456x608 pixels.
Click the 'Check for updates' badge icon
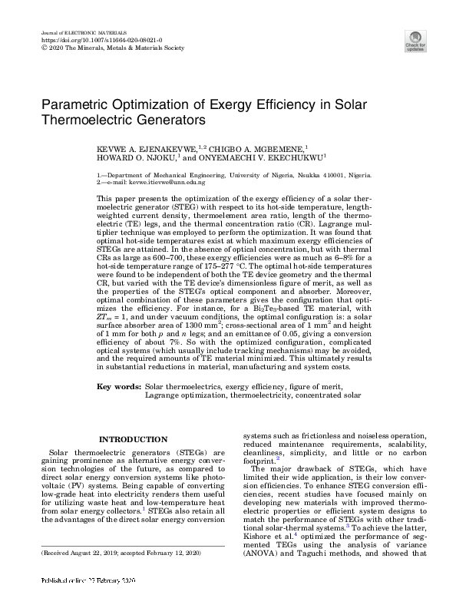click(415, 39)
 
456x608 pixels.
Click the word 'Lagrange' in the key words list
click(167, 396)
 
